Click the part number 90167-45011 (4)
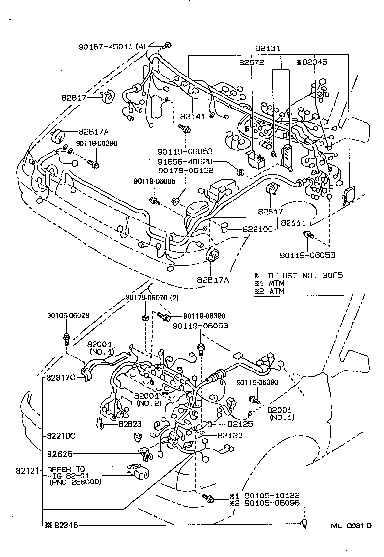tap(112, 47)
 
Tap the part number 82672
tap(251, 62)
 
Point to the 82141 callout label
tap(193, 116)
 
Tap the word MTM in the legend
tap(276, 283)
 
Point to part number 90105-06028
tap(68, 315)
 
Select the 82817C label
tap(61, 378)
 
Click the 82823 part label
tap(130, 424)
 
